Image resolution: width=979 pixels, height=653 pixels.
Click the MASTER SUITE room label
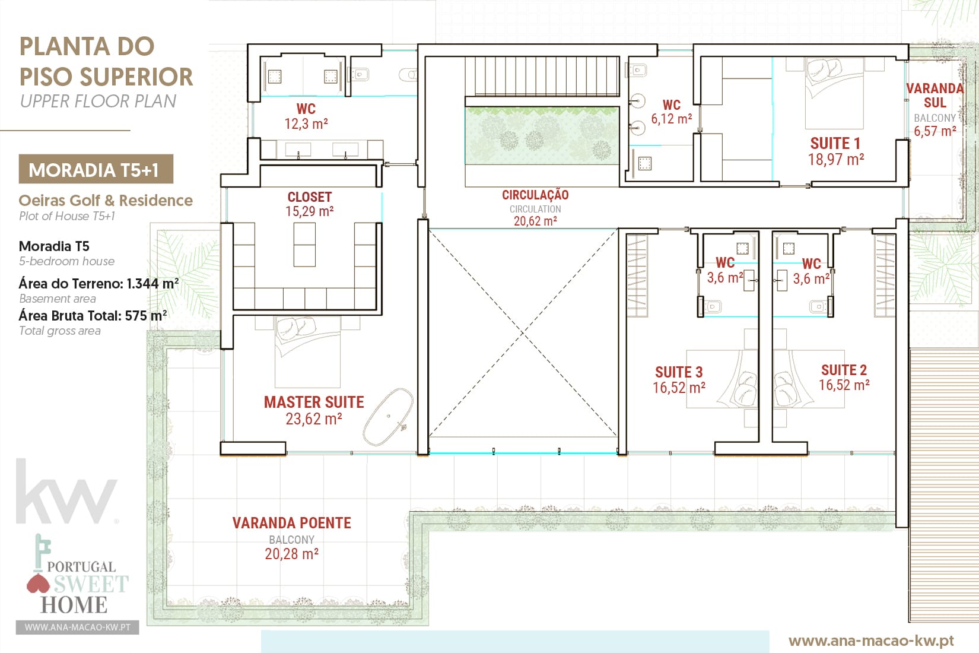[314, 402]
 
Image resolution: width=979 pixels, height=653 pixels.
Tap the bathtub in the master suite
[387, 417]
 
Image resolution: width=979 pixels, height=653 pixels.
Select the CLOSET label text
[310, 197]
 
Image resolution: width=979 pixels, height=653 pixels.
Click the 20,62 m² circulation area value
[535, 221]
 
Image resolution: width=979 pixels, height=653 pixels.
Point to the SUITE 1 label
[835, 144]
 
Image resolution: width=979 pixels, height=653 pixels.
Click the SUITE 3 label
[679, 372]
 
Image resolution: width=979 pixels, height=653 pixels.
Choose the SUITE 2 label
[844, 370]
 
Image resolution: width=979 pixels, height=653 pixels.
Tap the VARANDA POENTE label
[291, 523]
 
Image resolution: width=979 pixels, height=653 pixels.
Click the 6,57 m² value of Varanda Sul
[935, 131]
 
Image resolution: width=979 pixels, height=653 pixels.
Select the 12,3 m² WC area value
[306, 124]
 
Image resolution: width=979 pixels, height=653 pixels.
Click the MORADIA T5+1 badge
[96, 169]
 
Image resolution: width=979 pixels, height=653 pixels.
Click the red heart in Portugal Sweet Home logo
[39, 584]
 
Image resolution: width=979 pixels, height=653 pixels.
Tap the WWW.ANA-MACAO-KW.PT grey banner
[77, 627]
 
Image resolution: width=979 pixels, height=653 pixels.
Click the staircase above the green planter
[542, 76]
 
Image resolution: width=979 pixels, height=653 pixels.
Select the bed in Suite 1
[834, 93]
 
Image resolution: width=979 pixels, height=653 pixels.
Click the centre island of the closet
[304, 245]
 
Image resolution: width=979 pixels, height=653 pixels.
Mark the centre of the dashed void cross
[523, 334]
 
